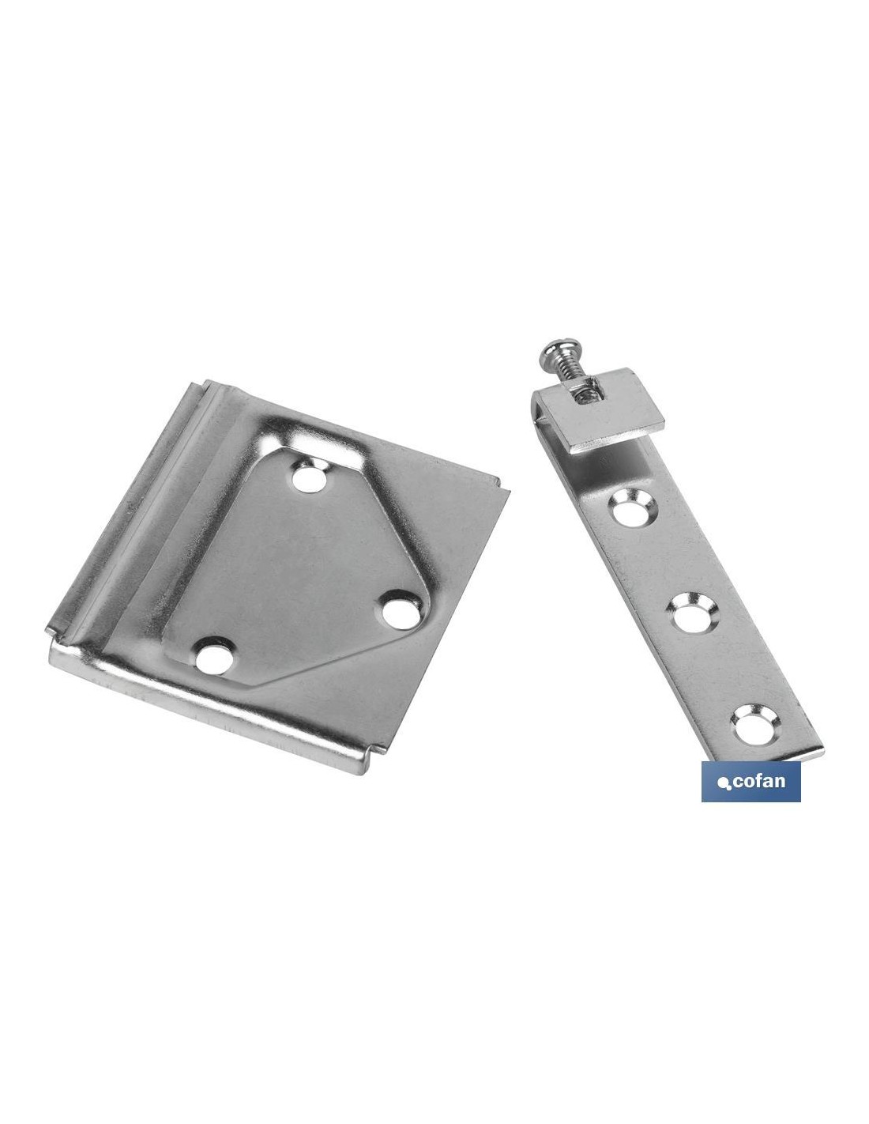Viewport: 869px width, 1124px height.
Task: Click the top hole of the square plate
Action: pos(310,478)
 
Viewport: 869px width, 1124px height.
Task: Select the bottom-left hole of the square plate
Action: pos(214,658)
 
